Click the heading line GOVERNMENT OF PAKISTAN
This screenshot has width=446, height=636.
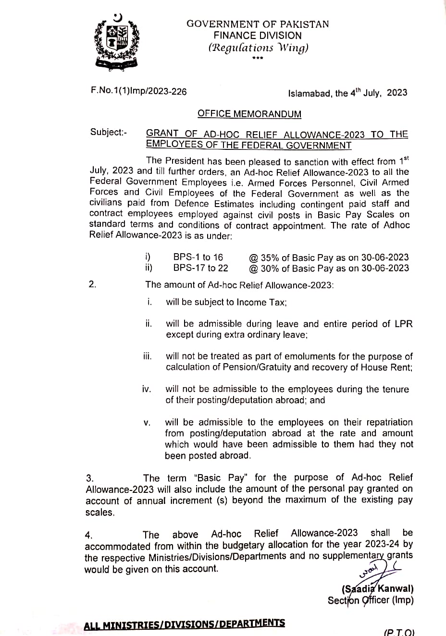pos(258,24)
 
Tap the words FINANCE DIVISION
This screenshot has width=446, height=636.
pos(258,36)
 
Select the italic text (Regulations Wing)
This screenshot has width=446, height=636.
pos(258,48)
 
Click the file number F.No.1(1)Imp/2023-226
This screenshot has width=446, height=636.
pos(138,91)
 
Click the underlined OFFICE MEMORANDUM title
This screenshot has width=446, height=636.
pos(249,114)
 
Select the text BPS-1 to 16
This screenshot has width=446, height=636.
pos(198,257)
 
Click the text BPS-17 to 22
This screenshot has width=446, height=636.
pos(200,268)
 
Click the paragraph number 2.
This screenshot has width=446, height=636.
pos(93,284)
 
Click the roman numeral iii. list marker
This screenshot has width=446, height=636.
pos(147,356)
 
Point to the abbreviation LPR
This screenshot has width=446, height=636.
pos(403,324)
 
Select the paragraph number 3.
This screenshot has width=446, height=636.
pos(89,478)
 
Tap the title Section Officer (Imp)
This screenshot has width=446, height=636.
pos(370,600)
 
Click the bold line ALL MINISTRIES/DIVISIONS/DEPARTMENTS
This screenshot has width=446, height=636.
pos(184,624)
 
